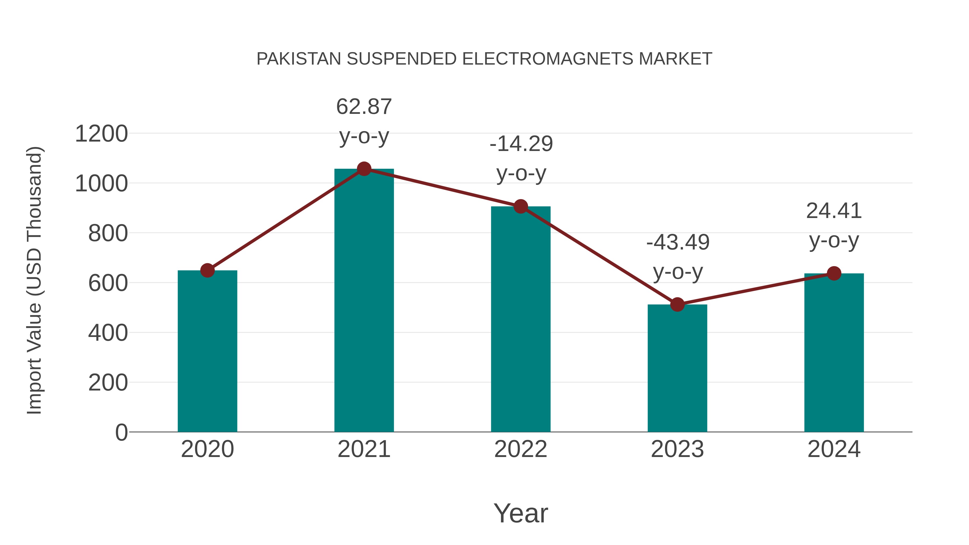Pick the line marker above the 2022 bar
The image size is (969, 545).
coord(521,206)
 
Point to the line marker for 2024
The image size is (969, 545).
coord(834,273)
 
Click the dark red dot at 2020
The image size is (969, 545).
coord(207,270)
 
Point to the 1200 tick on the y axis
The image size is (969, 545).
coord(101,134)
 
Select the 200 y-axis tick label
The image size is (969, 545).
coord(108,383)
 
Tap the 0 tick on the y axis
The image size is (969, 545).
coord(121,433)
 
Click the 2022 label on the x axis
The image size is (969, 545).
coord(521,449)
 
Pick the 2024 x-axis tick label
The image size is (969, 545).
coord(834,449)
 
